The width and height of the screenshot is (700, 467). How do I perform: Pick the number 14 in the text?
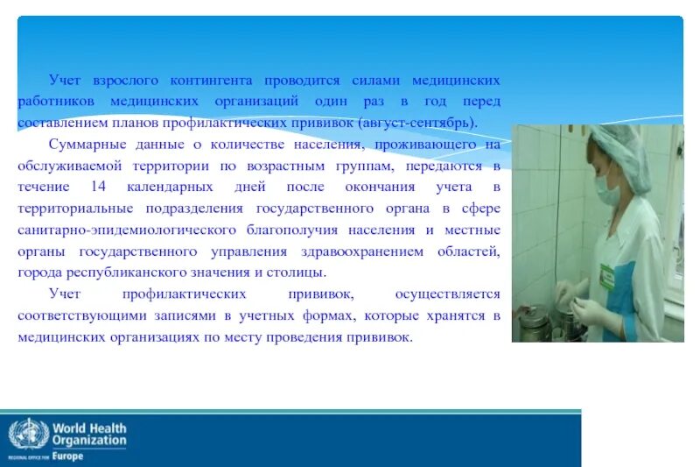(x=98, y=187)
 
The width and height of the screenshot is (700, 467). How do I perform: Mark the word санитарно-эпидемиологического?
(x=128, y=230)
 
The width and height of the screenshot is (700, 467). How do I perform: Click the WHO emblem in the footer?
(x=29, y=435)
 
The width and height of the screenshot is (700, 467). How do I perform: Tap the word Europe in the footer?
(x=69, y=456)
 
